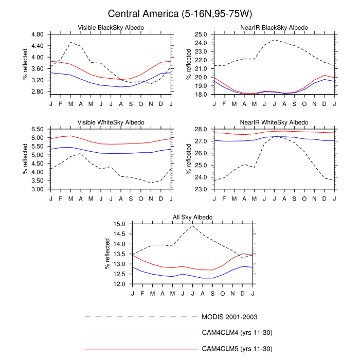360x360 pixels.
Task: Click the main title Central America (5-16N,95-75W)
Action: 180,13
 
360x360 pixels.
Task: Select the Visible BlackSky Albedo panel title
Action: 111,27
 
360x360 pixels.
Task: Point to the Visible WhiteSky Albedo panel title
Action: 111,122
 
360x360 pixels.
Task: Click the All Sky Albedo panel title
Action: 193,218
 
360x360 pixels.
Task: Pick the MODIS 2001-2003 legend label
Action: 229,317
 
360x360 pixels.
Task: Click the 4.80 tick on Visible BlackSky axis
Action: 37,34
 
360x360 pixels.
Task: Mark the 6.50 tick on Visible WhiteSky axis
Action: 37,130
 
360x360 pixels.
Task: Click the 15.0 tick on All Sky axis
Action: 119,224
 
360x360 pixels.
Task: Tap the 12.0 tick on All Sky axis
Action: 119,284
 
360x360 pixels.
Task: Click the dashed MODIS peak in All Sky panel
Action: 193,226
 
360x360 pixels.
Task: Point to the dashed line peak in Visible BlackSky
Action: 71,42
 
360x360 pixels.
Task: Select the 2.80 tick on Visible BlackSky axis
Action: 37,92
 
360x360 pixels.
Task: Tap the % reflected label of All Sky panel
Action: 107,254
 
